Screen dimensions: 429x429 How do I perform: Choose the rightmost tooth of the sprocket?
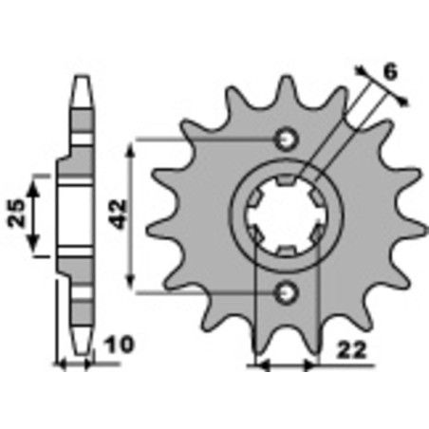[411, 216]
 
